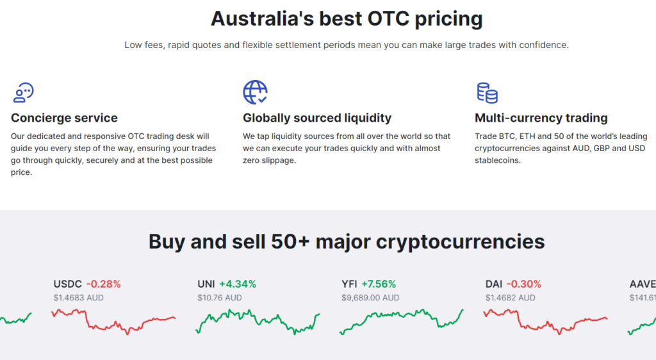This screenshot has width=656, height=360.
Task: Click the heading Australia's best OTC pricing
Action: [x=347, y=19]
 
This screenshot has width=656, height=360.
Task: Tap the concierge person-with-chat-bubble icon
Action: [x=24, y=92]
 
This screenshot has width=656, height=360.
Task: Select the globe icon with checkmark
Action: [x=255, y=92]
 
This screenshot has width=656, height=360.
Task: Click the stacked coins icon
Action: [x=488, y=92]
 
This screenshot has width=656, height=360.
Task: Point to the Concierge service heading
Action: [x=64, y=118]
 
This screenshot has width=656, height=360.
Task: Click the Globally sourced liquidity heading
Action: [x=317, y=118]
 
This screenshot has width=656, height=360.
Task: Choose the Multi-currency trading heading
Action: [x=541, y=118]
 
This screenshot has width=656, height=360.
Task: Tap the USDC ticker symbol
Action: [x=67, y=284]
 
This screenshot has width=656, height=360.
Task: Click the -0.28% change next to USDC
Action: [x=103, y=284]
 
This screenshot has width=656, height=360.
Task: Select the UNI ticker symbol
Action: [x=206, y=284]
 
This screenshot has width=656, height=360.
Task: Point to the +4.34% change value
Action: [x=238, y=284]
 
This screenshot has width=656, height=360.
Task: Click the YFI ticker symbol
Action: [x=349, y=284]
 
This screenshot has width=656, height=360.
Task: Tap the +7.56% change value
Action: [x=379, y=284]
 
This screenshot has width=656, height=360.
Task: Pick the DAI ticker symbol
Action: [x=494, y=284]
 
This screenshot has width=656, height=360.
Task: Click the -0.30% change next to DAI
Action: [x=524, y=284]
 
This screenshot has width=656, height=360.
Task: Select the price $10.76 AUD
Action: [x=220, y=298]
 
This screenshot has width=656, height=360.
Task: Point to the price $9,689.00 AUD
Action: [x=370, y=298]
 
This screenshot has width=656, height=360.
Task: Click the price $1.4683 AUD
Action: [x=78, y=298]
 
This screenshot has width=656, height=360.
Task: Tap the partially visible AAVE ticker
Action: [x=643, y=284]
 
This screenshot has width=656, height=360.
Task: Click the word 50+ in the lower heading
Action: [x=290, y=241]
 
